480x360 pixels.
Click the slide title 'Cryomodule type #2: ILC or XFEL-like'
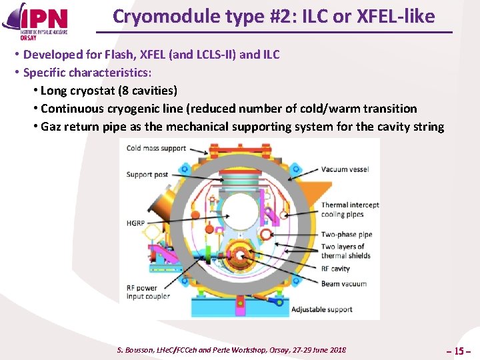point(273,16)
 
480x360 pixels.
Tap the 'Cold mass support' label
point(156,148)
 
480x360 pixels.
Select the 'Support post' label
point(147,175)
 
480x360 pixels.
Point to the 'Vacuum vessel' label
point(345,169)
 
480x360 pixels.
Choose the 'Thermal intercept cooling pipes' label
point(349,209)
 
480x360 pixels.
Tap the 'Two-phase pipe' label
point(346,235)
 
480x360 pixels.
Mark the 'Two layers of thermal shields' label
point(346,251)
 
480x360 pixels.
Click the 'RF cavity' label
point(335,269)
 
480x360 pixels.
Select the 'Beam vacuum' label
point(343,283)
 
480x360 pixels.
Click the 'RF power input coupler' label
point(148,292)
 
